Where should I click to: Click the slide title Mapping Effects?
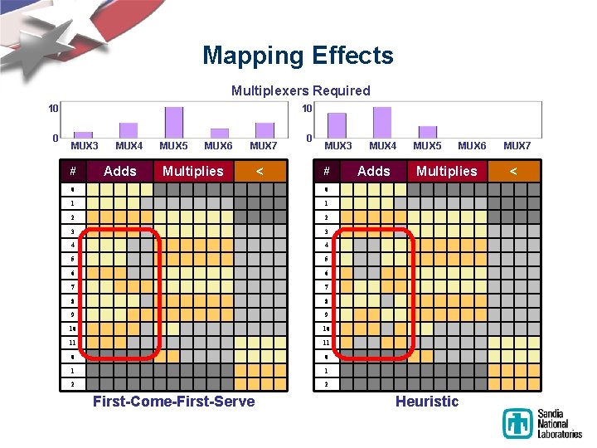(x=298, y=56)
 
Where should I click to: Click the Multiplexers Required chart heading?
(x=300, y=90)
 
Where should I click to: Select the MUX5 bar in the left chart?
(x=174, y=123)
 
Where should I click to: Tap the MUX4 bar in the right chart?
(x=381, y=123)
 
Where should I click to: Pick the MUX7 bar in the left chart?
(x=265, y=130)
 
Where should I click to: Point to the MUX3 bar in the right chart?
(x=337, y=125)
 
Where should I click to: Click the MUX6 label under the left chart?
(x=218, y=146)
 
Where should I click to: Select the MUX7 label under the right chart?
(x=517, y=146)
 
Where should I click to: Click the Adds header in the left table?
(x=120, y=171)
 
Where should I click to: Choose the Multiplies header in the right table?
(x=446, y=171)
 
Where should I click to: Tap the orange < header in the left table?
(x=260, y=171)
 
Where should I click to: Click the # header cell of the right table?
(x=327, y=171)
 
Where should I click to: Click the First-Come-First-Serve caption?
(x=174, y=402)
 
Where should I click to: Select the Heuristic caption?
(x=427, y=402)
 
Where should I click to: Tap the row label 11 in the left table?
(x=73, y=342)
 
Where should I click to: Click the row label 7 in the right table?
(x=327, y=286)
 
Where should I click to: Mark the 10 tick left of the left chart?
(x=53, y=109)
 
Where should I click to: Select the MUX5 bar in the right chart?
(x=427, y=132)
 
